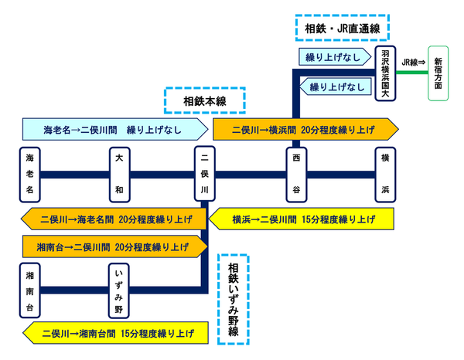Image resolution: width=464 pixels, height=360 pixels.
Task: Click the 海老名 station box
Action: tap(29, 172)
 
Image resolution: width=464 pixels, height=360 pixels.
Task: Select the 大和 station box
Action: tap(118, 172)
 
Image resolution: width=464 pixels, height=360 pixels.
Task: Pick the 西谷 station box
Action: tap(295, 172)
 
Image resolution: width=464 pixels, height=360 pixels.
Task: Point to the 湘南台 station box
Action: tap(29, 290)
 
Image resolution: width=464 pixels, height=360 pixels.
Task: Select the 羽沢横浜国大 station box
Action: tap(385, 73)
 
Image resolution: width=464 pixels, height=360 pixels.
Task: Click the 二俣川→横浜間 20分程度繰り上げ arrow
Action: tap(305, 127)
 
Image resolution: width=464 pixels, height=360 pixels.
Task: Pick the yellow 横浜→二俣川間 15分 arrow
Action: tap(304, 219)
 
